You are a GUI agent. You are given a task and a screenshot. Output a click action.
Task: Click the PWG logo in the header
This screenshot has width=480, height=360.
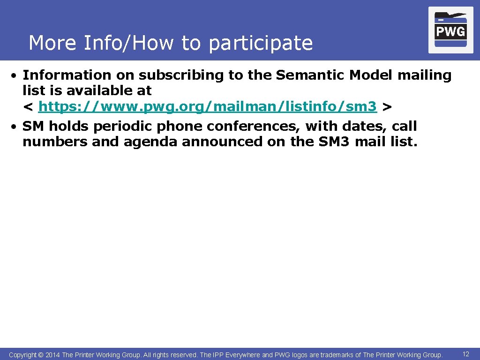point(450,30)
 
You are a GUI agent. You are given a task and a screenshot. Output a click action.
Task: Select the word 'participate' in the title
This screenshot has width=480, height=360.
point(261,44)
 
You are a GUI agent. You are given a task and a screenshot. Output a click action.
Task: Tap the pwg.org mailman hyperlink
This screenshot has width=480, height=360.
point(208,107)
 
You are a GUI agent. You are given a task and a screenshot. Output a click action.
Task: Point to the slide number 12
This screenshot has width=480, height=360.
point(465,354)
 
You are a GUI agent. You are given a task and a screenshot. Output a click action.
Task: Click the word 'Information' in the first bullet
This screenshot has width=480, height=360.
point(67,75)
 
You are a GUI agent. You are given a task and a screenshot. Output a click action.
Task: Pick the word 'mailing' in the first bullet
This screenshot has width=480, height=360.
point(424,75)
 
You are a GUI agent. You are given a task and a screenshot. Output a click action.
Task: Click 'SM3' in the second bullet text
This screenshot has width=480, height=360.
point(334,142)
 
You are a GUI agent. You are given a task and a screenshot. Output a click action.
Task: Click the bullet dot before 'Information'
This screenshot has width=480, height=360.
point(15,75)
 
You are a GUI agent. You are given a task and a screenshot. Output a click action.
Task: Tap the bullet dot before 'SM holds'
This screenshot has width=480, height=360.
point(15,127)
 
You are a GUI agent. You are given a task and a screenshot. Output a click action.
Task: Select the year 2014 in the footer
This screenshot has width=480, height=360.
point(53,355)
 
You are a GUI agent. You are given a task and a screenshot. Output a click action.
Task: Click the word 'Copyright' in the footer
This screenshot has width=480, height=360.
point(22,355)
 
